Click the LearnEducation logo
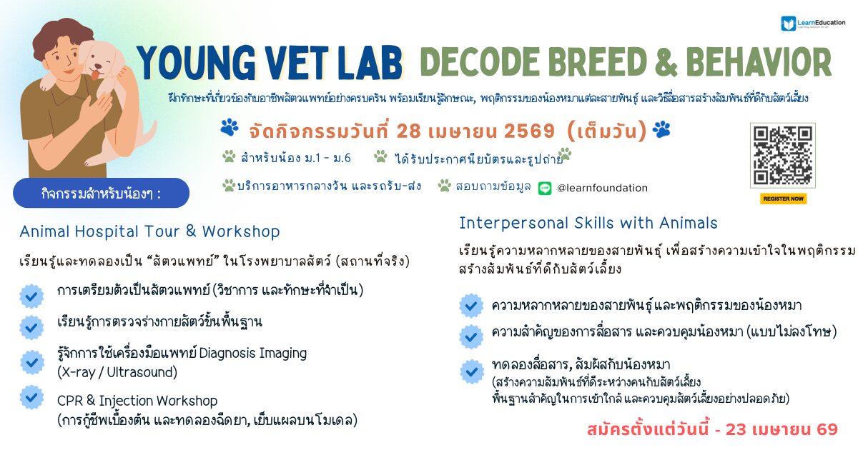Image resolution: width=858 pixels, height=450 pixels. click(813, 24)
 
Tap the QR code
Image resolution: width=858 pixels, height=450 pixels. click(782, 156)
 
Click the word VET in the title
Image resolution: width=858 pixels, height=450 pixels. click(295, 63)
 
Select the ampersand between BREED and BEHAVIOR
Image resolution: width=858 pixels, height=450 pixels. click(666, 63)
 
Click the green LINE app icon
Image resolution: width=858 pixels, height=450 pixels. click(545, 189)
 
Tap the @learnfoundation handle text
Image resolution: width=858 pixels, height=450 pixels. click(602, 188)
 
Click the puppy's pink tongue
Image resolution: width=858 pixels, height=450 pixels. click(95, 74)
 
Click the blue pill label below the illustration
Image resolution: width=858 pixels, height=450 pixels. click(101, 194)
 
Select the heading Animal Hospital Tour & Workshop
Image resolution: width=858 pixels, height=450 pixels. click(149, 231)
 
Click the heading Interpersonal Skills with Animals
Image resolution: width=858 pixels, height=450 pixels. click(588, 223)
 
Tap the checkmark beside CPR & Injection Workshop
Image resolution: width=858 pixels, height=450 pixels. click(31, 398)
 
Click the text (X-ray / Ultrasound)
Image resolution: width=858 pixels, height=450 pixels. click(117, 372)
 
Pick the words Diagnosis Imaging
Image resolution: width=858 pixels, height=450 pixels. click(253, 353)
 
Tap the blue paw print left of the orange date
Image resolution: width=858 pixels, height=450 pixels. click(230, 127)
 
